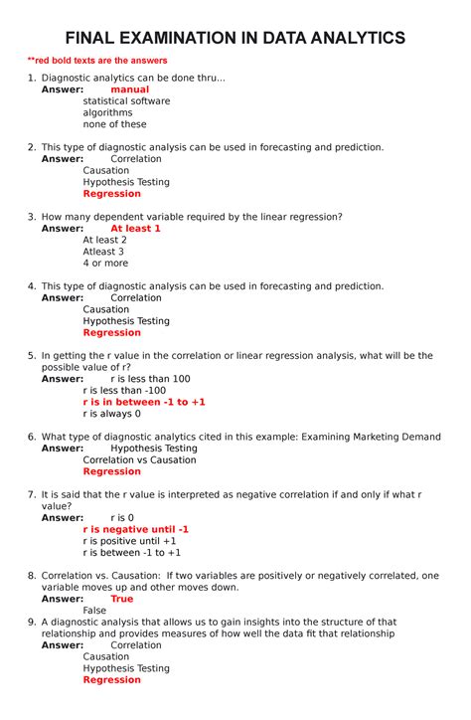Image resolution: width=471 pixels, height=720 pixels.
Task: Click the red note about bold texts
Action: point(96,61)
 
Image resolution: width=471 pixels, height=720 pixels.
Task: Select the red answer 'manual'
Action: point(129,90)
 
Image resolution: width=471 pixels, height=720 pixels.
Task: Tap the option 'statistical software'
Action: point(126,101)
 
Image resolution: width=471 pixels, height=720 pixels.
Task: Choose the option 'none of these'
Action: point(114,124)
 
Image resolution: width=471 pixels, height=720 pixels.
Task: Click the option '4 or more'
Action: point(105,263)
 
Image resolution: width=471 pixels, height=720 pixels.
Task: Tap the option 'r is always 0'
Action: point(111,414)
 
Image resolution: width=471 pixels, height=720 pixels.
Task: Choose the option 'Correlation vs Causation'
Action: point(139,460)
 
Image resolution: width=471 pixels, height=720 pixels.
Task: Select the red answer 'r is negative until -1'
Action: point(135,529)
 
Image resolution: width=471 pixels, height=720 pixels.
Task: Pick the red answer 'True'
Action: point(121,599)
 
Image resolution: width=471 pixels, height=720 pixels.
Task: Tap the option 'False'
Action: point(94,611)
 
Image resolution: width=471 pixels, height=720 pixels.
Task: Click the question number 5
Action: point(32,355)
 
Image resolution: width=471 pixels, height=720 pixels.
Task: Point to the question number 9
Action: point(32,622)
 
